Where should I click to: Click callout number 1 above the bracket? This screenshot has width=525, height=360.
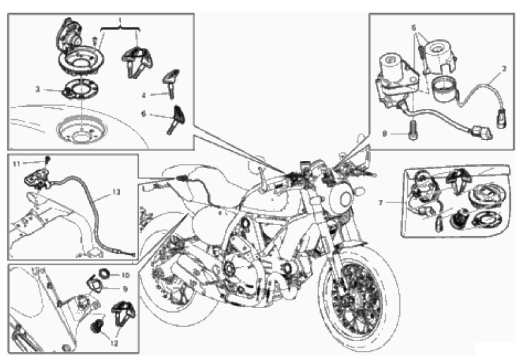(120, 21)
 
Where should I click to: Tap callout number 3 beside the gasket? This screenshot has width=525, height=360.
(38, 90)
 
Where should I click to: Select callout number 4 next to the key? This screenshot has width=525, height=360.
(144, 95)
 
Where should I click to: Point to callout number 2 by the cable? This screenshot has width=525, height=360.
(504, 69)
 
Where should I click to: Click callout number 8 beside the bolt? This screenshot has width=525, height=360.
(385, 134)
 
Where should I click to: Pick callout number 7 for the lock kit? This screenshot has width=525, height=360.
(380, 203)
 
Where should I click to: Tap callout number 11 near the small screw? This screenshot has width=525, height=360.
(17, 163)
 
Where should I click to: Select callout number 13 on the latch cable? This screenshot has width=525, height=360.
(116, 192)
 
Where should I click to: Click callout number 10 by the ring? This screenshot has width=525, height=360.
(125, 275)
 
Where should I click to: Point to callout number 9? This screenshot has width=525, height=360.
(125, 289)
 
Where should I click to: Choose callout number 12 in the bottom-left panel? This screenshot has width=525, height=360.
(114, 344)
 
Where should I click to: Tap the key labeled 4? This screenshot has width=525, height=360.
(170, 84)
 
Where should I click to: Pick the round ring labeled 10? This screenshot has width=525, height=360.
(105, 274)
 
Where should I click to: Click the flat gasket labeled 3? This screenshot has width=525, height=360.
(80, 90)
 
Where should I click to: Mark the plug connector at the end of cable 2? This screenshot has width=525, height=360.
(501, 118)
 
